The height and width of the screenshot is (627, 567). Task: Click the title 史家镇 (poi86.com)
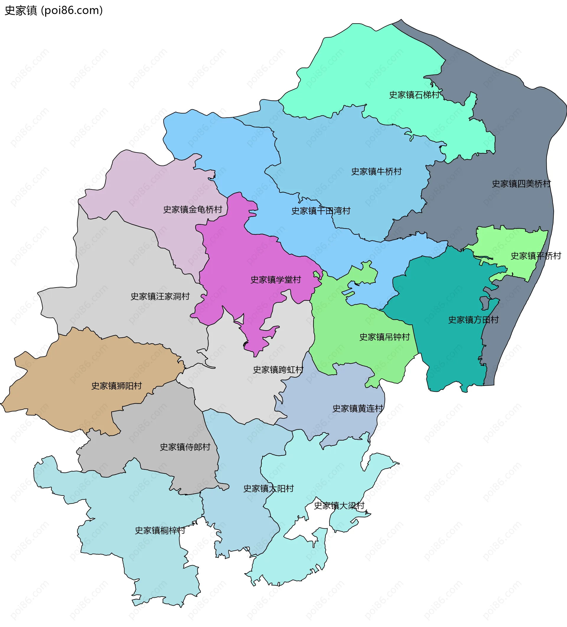pyautogui.click(x=53, y=11)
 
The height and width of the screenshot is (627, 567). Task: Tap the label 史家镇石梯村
pyautogui.click(x=414, y=95)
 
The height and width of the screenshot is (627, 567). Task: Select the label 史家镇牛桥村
pyautogui.click(x=376, y=171)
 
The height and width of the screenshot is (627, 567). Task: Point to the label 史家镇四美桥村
pyautogui.click(x=521, y=184)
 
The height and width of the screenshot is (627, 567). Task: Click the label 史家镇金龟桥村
pyautogui.click(x=193, y=209)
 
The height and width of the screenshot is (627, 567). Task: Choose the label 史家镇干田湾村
pyautogui.click(x=321, y=211)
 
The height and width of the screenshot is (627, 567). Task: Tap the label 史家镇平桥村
pyautogui.click(x=536, y=256)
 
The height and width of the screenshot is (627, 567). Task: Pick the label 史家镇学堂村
pyautogui.click(x=276, y=280)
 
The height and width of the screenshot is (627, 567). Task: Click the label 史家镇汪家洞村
pyautogui.click(x=160, y=296)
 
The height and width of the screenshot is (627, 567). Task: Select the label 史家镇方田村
pyautogui.click(x=473, y=320)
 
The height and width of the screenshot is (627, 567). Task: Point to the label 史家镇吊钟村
pyautogui.click(x=384, y=337)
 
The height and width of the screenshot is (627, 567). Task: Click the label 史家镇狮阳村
pyautogui.click(x=117, y=386)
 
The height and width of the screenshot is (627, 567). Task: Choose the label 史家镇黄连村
pyautogui.click(x=358, y=408)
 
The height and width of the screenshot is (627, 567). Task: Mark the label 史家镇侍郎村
pyautogui.click(x=185, y=447)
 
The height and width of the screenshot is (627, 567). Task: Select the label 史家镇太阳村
pyautogui.click(x=268, y=489)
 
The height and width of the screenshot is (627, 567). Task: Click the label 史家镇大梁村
pyautogui.click(x=339, y=506)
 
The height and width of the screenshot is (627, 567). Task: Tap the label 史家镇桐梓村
pyautogui.click(x=160, y=530)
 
